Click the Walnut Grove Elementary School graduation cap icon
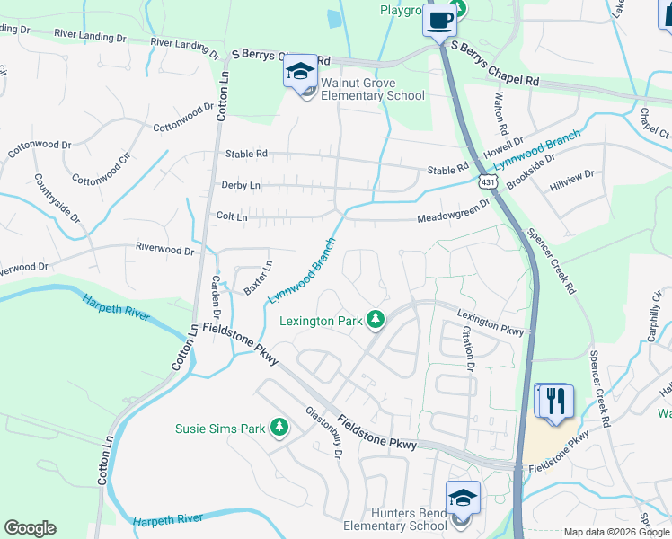click(x=299, y=72)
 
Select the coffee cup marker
click(x=440, y=20)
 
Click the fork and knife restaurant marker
click(x=553, y=400)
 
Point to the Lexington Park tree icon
click(x=376, y=320)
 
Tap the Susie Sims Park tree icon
click(x=279, y=428)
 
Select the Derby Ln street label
click(x=240, y=185)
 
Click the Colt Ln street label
click(x=232, y=216)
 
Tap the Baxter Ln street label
click(x=258, y=278)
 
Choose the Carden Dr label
click(x=216, y=294)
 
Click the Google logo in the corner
click(x=30, y=528)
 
